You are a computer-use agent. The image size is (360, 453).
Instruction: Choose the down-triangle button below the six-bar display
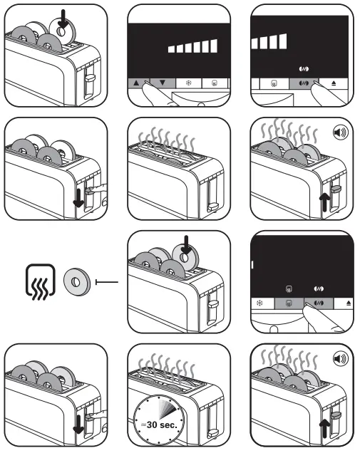tap(163, 83)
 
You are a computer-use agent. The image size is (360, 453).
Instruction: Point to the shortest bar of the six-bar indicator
tap(171, 49)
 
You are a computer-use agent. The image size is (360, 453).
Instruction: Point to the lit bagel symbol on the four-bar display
tap(304, 70)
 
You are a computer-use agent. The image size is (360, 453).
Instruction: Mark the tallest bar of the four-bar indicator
tap(286, 41)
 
